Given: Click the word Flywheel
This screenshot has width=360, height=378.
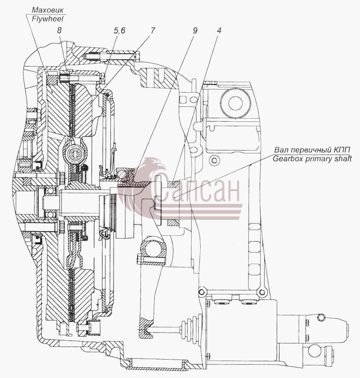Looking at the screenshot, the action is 48,19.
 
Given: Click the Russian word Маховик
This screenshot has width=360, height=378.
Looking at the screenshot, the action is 48,10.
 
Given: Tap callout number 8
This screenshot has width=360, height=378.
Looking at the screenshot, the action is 59,30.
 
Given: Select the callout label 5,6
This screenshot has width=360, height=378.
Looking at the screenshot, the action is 119,31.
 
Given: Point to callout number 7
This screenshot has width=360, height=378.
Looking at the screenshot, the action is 152,30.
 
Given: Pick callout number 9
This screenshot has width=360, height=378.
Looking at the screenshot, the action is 195,30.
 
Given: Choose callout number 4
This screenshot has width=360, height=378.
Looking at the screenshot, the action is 219,30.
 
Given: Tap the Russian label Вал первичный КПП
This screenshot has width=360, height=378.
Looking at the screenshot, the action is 312,150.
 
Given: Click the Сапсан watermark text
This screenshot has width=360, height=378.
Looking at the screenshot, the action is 196,188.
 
